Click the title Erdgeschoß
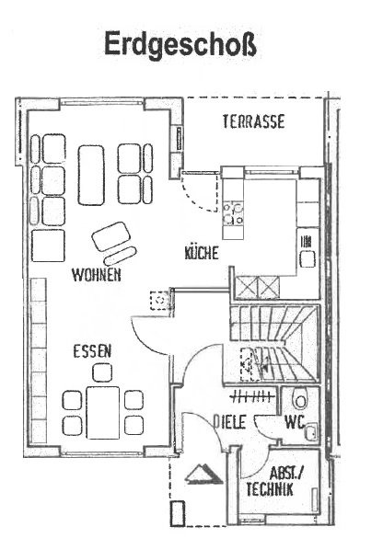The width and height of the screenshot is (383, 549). pos(180,44)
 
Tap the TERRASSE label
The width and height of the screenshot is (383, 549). pos(253,121)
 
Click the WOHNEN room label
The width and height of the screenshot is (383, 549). pos(97,275)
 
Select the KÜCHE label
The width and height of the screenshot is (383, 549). pos(202,253)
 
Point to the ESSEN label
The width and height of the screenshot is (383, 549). pos(92,351)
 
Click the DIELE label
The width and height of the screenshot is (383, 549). pos(230,422)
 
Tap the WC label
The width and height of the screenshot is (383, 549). pos(295,422)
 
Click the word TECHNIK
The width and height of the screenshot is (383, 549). pos(270,489)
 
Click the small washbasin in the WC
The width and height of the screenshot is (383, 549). pos(311,431)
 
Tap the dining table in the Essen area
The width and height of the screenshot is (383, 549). pos(103,413)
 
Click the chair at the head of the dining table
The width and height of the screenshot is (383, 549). pos(102,372)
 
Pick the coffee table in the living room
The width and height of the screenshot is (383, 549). pos(91,175)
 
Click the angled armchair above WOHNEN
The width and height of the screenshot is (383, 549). pos(111,236)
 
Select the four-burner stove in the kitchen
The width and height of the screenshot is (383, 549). pos(233,213)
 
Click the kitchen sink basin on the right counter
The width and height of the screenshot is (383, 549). pos(308,259)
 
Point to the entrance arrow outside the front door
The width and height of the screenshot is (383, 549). pos(203,475)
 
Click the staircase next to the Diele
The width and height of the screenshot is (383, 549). pos(274,343)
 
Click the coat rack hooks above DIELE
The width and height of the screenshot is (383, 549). pos(252,396)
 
